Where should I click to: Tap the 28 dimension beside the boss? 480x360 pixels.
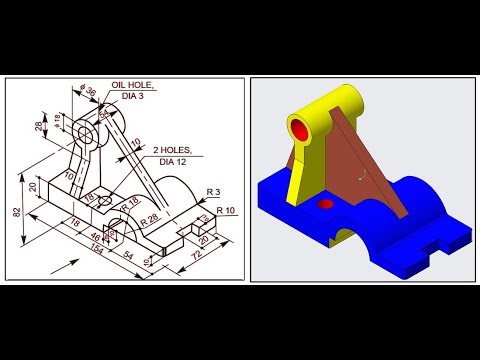coord(39,128)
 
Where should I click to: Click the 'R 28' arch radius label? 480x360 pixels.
coord(149,215)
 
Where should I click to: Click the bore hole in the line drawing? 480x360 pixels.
coord(80,132)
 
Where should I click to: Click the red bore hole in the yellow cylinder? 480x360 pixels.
coord(300,129)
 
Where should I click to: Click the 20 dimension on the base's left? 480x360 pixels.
coord(34,189)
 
